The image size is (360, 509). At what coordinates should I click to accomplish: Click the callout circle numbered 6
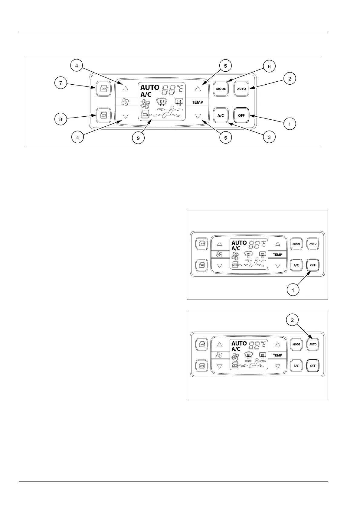tap(269, 66)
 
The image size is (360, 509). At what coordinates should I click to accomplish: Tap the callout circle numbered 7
tap(61, 83)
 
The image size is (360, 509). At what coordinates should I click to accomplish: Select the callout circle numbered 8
tap(61, 119)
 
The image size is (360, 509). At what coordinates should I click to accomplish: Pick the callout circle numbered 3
tap(269, 137)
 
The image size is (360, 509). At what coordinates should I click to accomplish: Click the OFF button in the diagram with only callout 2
tap(313, 366)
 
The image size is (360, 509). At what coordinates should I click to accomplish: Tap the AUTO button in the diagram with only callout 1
tap(313, 244)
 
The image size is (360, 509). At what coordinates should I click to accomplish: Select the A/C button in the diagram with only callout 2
tap(296, 366)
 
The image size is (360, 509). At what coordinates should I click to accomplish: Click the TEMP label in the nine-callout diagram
tap(198, 102)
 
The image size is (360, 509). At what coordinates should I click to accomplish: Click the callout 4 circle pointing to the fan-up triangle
tap(77, 65)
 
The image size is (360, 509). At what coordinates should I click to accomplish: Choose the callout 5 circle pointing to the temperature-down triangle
tap(226, 138)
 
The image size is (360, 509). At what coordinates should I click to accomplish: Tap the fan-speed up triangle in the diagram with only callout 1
tap(220, 244)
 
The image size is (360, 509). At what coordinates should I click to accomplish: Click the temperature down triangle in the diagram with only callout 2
tap(278, 366)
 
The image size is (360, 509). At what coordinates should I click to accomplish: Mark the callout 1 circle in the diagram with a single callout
tap(293, 290)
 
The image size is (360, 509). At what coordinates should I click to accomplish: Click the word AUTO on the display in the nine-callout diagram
tap(150, 88)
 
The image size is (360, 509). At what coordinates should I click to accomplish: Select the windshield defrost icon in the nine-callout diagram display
tap(162, 102)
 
